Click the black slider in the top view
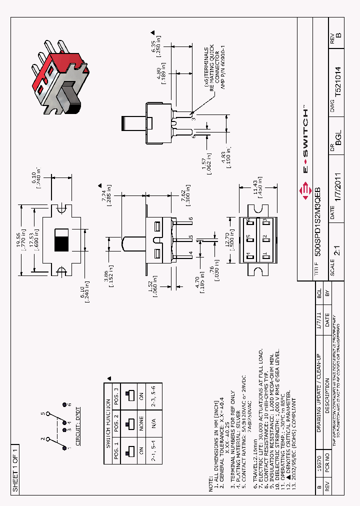tap(62, 244)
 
